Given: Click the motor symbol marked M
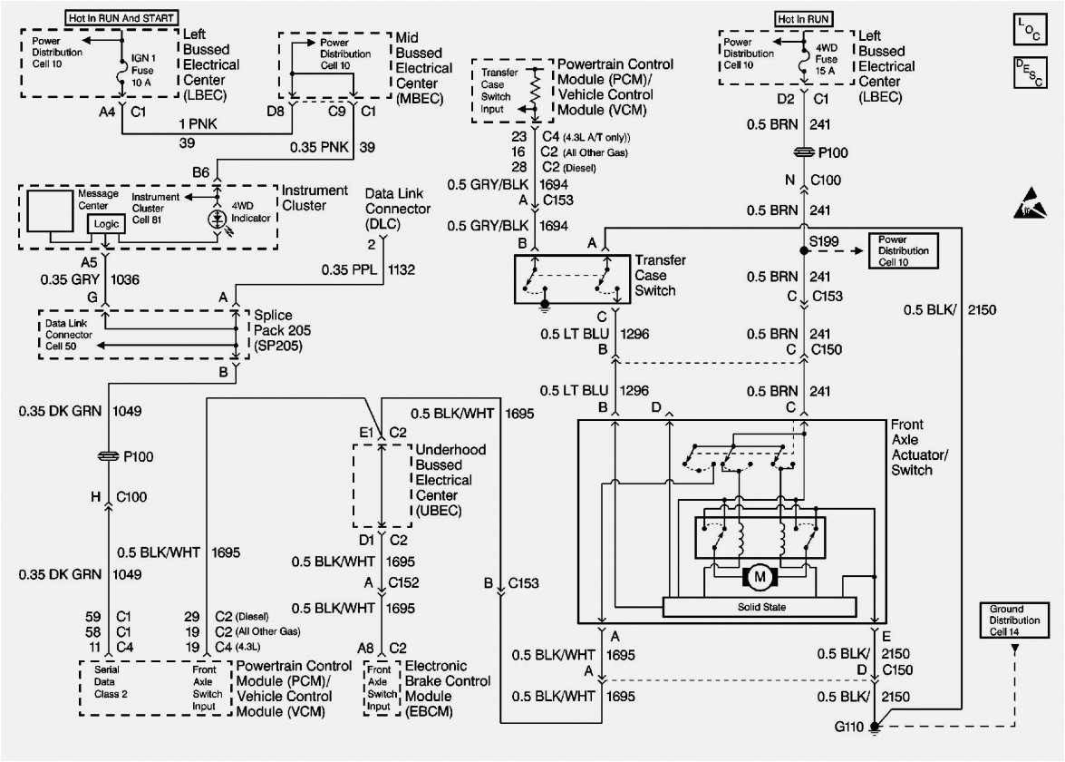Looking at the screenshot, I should tap(760, 577).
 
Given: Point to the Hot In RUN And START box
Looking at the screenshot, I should tap(123, 17).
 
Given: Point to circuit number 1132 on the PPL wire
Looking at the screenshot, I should tap(402, 269).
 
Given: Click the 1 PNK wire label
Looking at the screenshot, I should tap(198, 124).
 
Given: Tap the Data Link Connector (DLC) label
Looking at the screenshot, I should tap(397, 208).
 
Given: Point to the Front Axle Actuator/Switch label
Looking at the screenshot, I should tap(919, 447).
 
